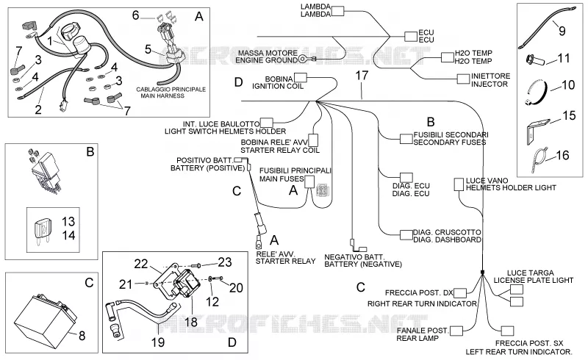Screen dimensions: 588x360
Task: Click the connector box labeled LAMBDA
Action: (x=337, y=11)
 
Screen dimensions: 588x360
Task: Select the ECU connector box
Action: (x=411, y=37)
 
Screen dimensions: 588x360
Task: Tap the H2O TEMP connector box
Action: (x=448, y=57)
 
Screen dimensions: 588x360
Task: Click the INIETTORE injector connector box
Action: (x=463, y=79)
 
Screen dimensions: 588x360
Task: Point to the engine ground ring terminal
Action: (x=302, y=59)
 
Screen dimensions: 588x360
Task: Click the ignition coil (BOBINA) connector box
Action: (x=301, y=78)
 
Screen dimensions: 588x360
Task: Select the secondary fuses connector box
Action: (x=406, y=139)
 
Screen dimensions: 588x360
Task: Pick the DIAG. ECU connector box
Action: (x=406, y=177)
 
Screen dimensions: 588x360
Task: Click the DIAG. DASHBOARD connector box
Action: (x=406, y=235)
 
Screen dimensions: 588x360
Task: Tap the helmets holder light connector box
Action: (x=459, y=184)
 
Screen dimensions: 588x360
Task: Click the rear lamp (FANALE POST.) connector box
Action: (x=456, y=331)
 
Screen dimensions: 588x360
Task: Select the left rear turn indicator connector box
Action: (x=507, y=331)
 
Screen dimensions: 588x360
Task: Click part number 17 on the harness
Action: (x=362, y=76)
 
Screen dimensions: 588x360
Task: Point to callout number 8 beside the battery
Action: (x=82, y=335)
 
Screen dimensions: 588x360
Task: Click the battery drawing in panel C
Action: (x=45, y=317)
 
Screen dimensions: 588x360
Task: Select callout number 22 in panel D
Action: (x=141, y=264)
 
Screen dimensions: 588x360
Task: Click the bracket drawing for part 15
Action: (x=537, y=131)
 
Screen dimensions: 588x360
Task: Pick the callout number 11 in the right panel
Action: (x=564, y=58)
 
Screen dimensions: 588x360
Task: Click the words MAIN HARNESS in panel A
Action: (x=162, y=96)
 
